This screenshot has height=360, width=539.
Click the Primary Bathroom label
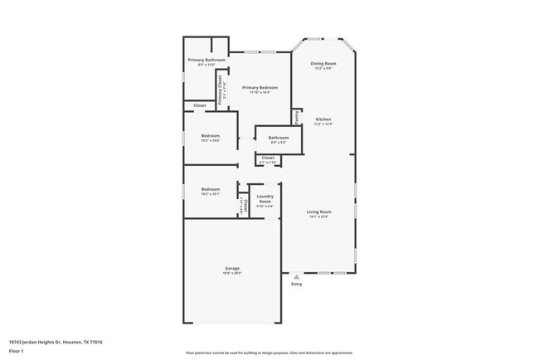(206, 60)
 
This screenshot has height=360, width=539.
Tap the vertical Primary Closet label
(220, 89)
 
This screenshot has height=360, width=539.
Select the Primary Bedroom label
(260, 87)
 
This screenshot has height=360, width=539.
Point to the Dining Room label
(323, 63)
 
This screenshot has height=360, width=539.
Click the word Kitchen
(323, 119)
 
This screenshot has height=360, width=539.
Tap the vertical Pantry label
(296, 117)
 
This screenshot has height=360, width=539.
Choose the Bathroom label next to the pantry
(278, 138)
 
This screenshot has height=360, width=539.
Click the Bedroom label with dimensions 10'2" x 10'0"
(211, 135)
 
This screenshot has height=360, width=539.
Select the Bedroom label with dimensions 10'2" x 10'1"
(211, 189)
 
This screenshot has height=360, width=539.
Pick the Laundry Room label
(265, 199)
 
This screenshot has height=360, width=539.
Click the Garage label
(232, 268)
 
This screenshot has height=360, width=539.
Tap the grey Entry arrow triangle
(297, 277)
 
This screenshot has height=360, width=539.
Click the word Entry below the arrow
(297, 285)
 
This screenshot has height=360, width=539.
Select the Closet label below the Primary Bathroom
(200, 105)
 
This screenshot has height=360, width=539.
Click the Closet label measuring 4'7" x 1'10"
(268, 157)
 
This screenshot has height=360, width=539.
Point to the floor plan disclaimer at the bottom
(269, 353)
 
